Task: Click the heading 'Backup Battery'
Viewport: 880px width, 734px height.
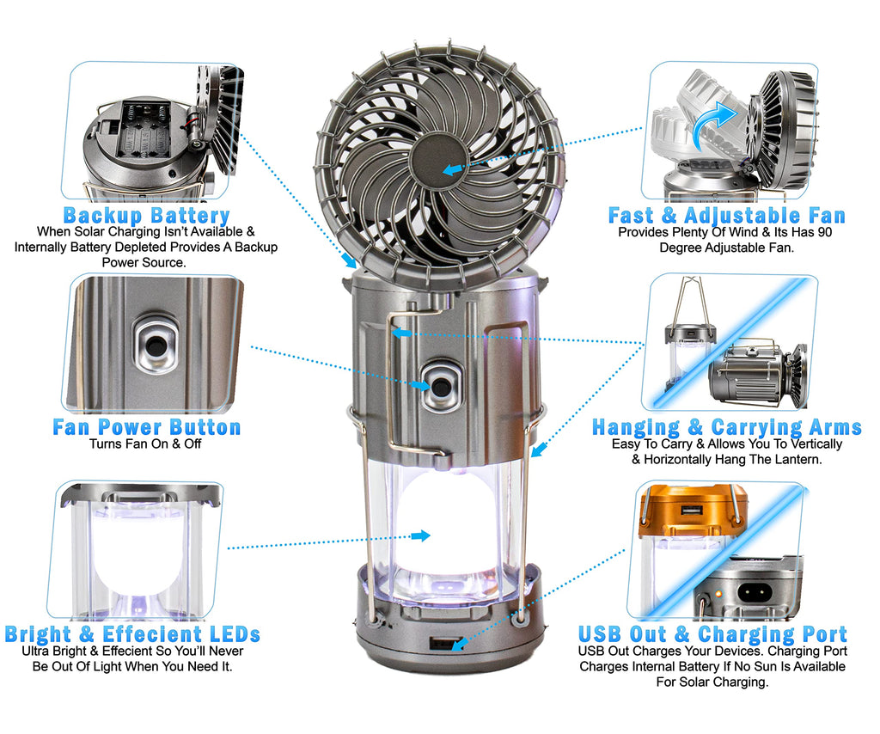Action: point(146,215)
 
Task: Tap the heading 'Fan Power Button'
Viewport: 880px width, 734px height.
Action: point(146,427)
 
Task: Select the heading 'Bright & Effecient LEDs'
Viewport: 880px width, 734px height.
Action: point(132,634)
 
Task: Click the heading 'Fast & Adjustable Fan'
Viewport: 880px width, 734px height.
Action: point(727,216)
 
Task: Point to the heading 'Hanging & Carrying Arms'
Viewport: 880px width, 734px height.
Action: point(727,428)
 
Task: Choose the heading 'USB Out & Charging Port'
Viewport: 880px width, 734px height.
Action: point(712,634)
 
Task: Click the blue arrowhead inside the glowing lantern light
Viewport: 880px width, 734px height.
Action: point(421,536)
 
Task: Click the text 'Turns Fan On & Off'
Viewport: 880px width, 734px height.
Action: point(145,443)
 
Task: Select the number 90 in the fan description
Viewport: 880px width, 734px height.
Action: point(825,232)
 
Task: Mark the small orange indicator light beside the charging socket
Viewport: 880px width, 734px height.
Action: point(718,592)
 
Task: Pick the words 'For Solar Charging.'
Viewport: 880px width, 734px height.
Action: point(712,682)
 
